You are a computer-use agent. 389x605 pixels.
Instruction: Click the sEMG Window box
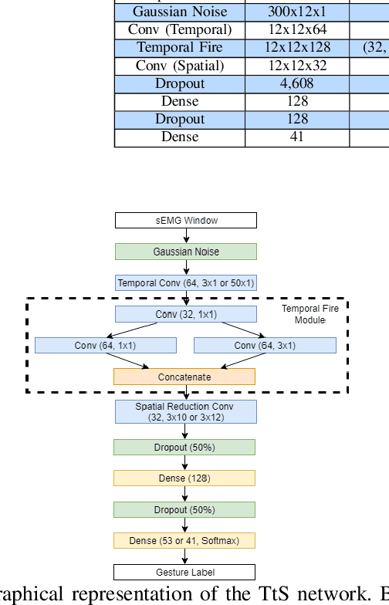185,221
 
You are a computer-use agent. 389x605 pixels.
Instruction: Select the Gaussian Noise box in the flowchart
185,252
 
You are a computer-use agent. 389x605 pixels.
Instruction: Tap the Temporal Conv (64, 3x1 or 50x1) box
185,283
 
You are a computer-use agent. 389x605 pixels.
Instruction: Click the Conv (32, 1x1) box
185,314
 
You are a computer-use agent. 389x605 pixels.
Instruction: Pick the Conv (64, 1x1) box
107,345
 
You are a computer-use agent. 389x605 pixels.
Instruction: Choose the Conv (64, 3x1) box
265,345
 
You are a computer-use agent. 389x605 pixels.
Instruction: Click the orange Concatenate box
184,377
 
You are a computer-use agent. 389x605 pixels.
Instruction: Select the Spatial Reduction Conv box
185,411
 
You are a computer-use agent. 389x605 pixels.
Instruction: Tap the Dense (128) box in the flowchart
184,478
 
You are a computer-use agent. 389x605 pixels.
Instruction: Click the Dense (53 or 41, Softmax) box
184,541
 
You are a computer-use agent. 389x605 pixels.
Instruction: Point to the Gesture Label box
184,572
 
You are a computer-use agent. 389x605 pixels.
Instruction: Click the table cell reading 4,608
297,83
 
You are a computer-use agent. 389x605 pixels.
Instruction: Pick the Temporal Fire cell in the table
180,48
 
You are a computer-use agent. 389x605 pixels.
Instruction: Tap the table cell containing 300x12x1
297,12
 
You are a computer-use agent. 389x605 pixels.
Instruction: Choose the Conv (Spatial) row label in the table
180,66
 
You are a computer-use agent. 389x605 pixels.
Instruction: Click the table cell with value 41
297,137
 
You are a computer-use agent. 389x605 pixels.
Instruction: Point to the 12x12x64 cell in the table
297,30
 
